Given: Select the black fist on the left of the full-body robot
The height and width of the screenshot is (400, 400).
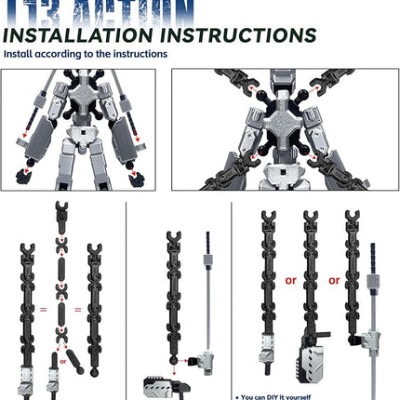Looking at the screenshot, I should pos(20,174).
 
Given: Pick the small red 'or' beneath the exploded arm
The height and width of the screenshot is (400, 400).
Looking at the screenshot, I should pos(63,353).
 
